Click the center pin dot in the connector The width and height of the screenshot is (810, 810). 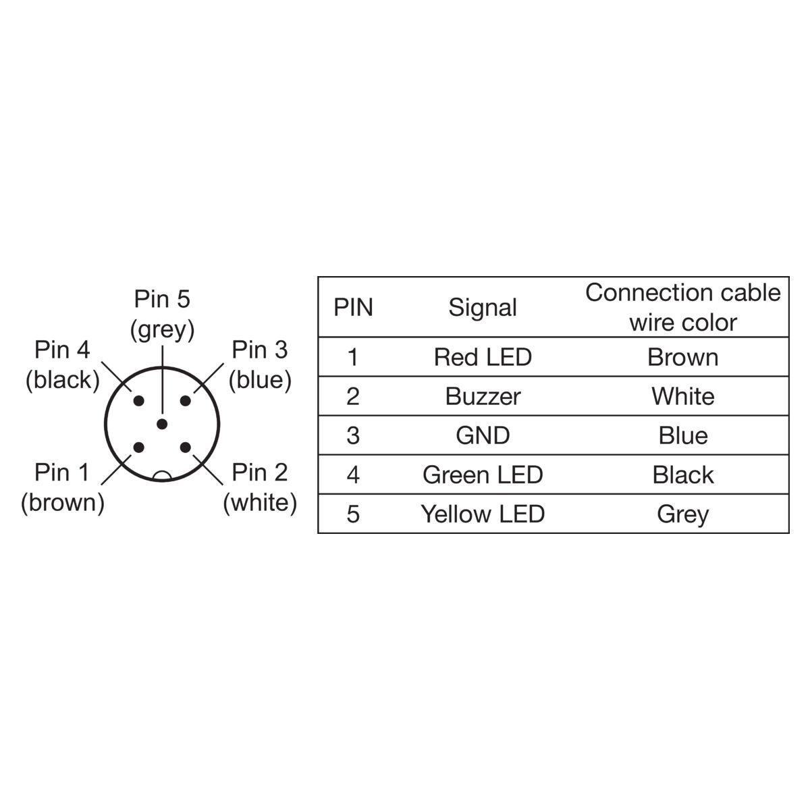tap(162, 424)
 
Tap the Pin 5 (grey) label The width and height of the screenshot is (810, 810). tap(162, 314)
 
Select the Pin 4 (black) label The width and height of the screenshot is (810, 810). tap(63, 365)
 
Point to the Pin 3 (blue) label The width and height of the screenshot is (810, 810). tap(260, 365)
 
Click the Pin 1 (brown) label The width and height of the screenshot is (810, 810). tap(63, 487)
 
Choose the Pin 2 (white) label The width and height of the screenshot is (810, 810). tap(260, 487)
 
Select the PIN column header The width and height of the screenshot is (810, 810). tap(353, 307)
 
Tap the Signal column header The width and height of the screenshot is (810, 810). tap(483, 307)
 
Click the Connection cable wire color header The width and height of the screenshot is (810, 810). tap(682, 307)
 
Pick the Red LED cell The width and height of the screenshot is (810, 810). tap(483, 357)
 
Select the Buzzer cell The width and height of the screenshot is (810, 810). tap(483, 396)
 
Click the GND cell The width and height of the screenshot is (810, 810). tap(483, 435)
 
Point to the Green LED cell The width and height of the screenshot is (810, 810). tap(483, 475)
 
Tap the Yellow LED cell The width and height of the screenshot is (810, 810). tap(483, 514)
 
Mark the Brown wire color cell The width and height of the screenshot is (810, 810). tap(682, 357)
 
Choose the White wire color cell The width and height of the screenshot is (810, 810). tap(682, 396)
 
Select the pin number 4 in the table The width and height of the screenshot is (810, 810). tap(353, 475)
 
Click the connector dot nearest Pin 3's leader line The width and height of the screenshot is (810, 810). tap(185, 400)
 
